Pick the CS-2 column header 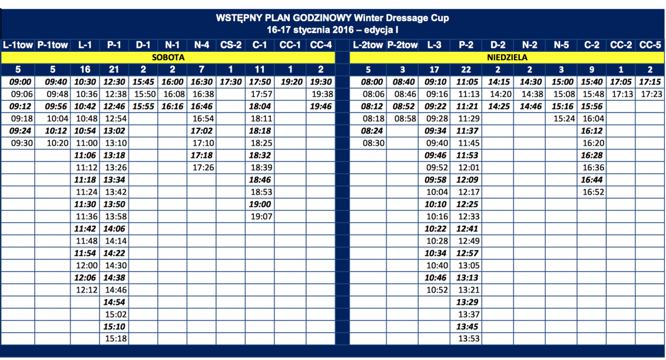click(231, 45)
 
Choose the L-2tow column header click(367, 45)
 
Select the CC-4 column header click(320, 45)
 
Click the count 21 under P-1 click(114, 70)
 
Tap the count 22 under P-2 click(466, 70)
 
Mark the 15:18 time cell click(116, 339)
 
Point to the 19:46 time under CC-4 click(321, 106)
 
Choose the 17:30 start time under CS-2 click(231, 82)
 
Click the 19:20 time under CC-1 click(291, 82)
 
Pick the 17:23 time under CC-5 click(650, 94)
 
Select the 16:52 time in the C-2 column click(593, 191)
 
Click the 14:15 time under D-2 click(499, 82)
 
